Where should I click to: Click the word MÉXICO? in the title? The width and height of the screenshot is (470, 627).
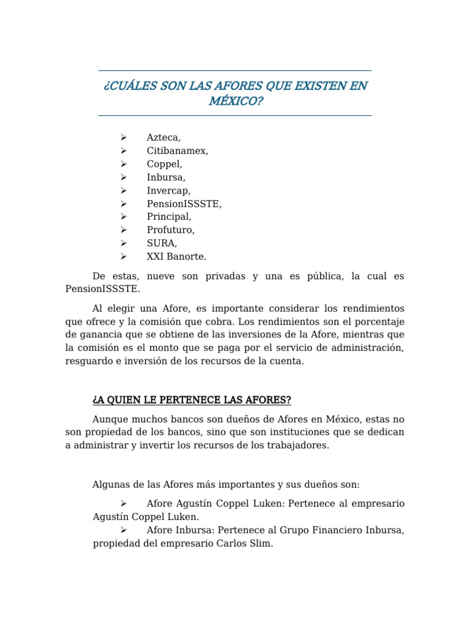click(x=236, y=100)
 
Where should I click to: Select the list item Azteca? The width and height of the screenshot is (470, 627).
click(x=163, y=138)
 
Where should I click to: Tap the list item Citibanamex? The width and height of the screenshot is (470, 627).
click(x=177, y=151)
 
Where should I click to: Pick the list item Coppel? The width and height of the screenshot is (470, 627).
click(x=164, y=164)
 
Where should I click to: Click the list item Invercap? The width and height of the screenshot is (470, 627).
click(x=168, y=190)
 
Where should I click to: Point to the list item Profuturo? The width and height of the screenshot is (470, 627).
click(x=170, y=230)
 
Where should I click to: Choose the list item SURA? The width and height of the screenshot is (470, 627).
click(x=162, y=243)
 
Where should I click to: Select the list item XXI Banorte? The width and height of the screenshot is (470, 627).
click(x=176, y=257)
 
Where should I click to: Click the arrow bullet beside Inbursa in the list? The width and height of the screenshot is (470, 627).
click(x=123, y=178)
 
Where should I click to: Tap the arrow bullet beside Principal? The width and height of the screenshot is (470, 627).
click(x=123, y=217)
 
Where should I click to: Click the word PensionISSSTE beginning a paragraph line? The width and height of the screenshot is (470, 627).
click(x=103, y=288)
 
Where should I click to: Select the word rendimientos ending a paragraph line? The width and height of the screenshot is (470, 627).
click(x=370, y=308)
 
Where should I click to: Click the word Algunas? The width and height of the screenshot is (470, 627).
click(x=110, y=484)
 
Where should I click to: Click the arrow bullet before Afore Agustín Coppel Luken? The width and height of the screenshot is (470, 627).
click(x=123, y=503)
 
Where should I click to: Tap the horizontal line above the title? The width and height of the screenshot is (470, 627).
click(x=235, y=70)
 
